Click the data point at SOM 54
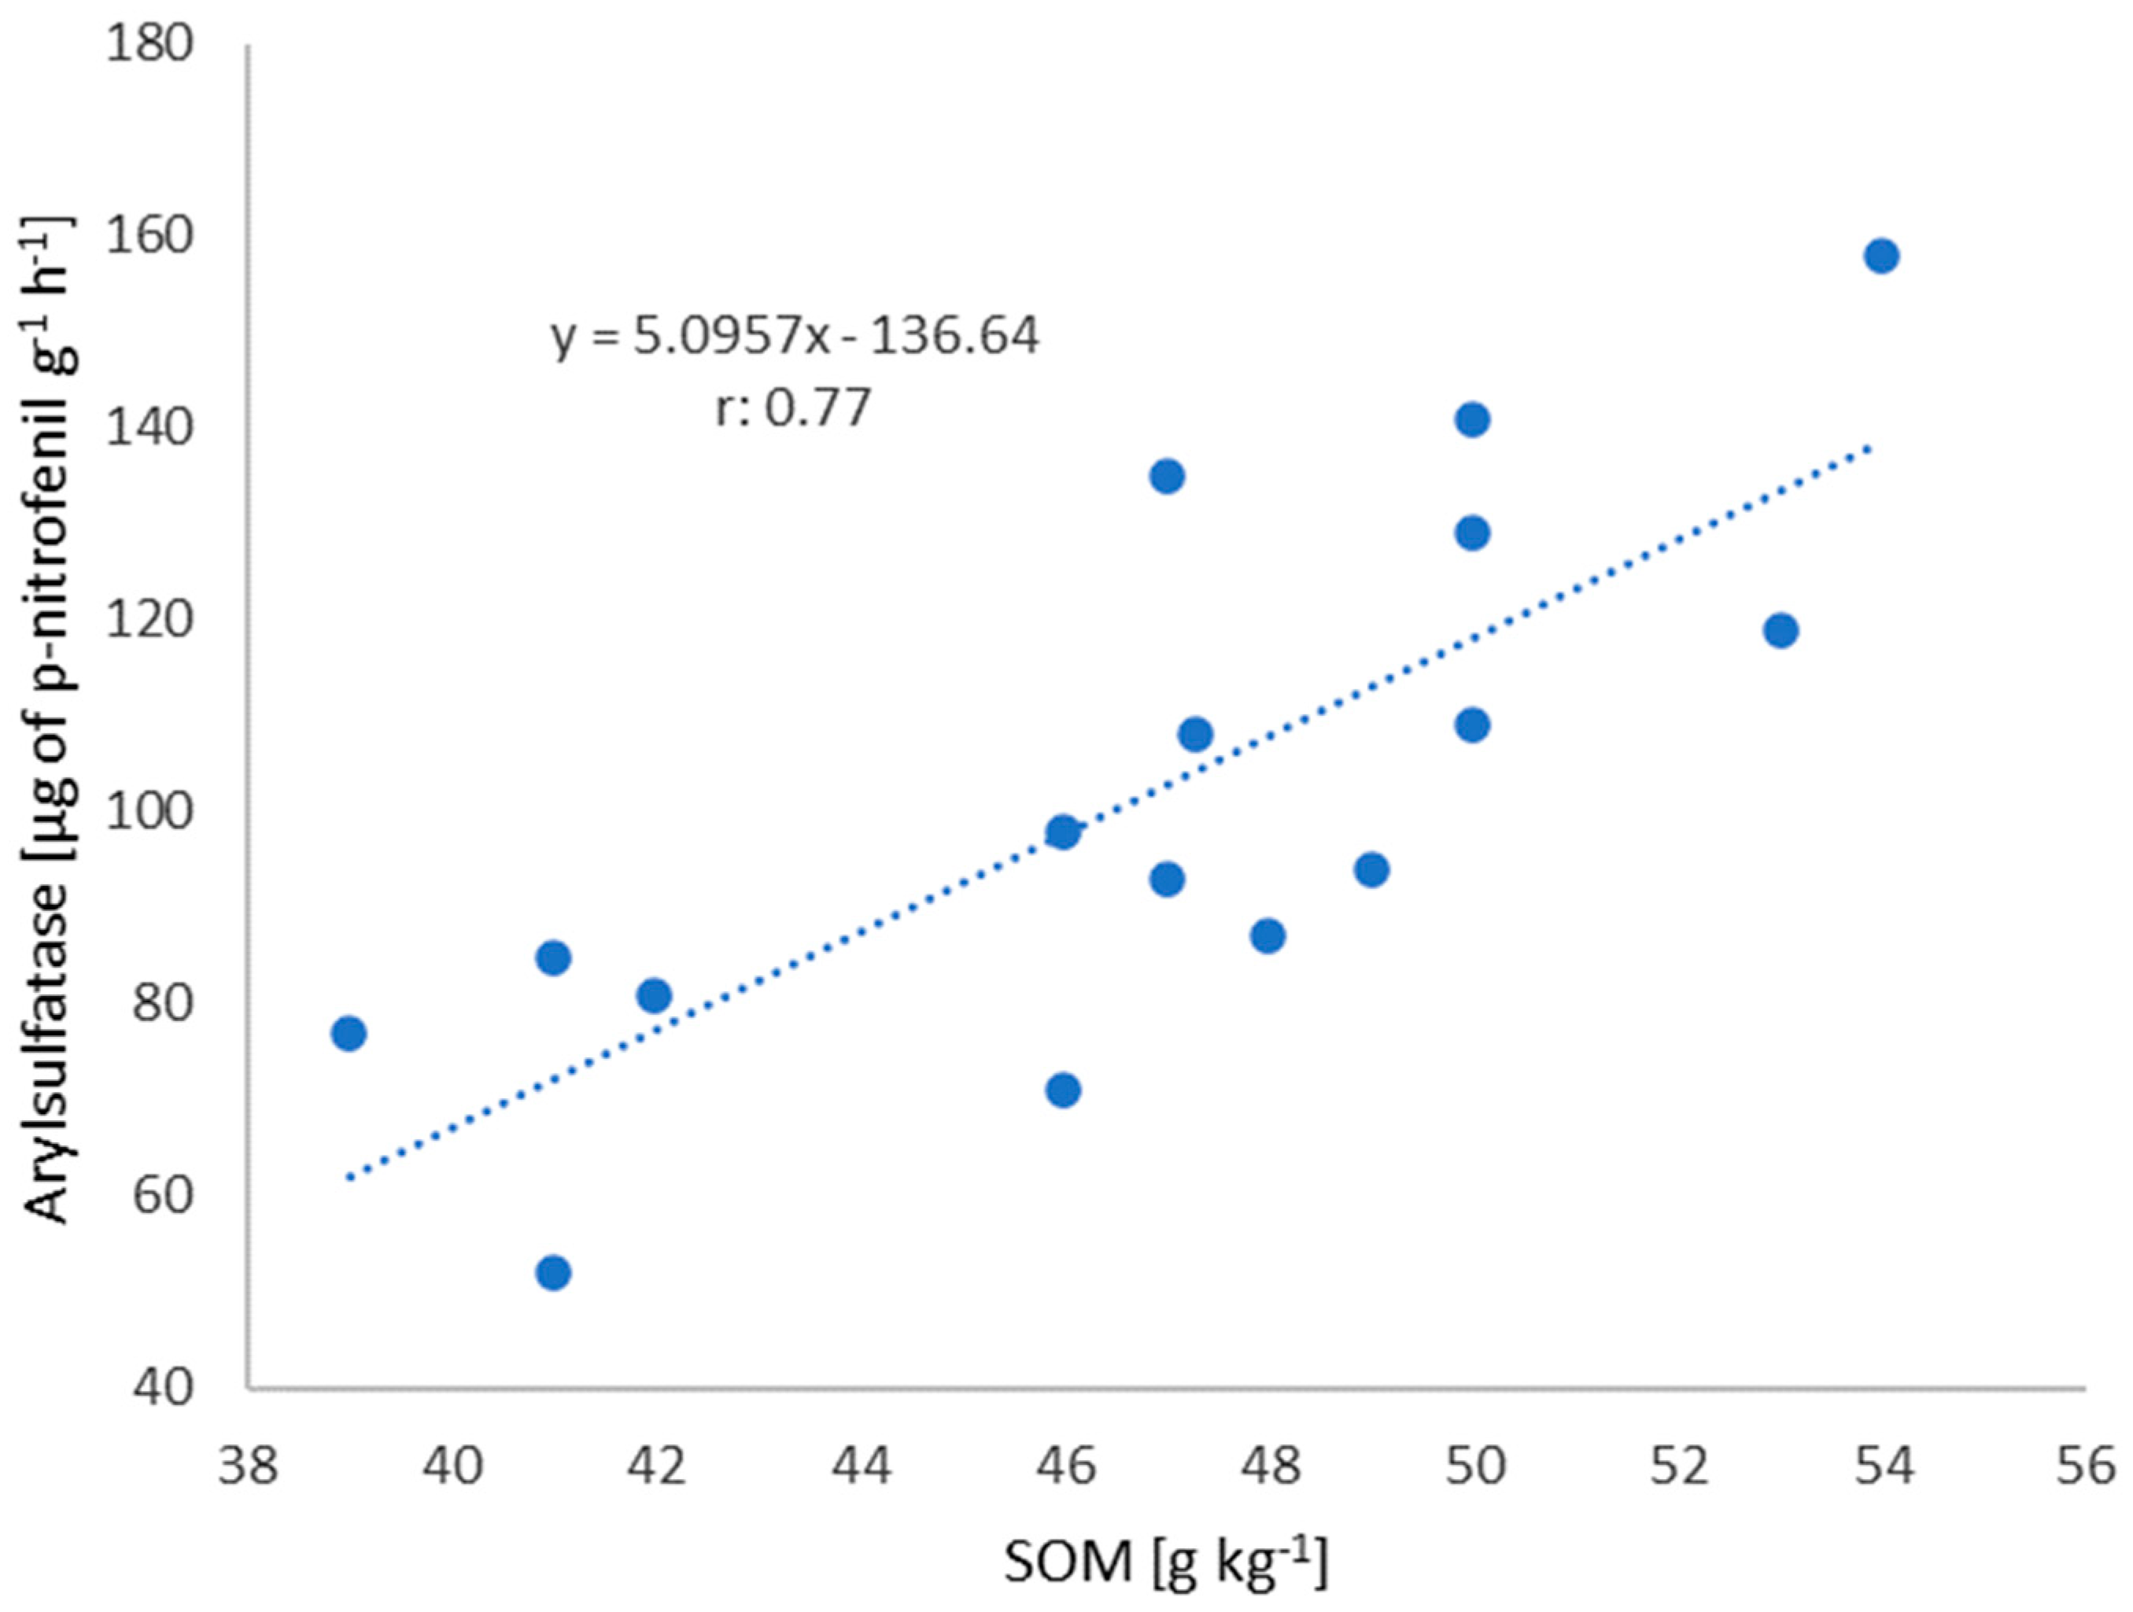[1881, 256]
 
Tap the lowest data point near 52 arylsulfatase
[552, 1274]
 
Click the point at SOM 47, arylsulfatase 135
[1167, 476]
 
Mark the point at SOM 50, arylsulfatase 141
[1472, 420]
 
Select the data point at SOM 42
[654, 995]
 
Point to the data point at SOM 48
[1268, 936]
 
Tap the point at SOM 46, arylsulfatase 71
[1063, 1090]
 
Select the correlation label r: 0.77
[792, 408]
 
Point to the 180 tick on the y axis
[149, 46]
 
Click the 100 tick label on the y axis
[149, 813]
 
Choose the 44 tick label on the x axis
[860, 1467]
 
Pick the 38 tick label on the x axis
[249, 1467]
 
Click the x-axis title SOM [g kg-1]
[1165, 1562]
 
